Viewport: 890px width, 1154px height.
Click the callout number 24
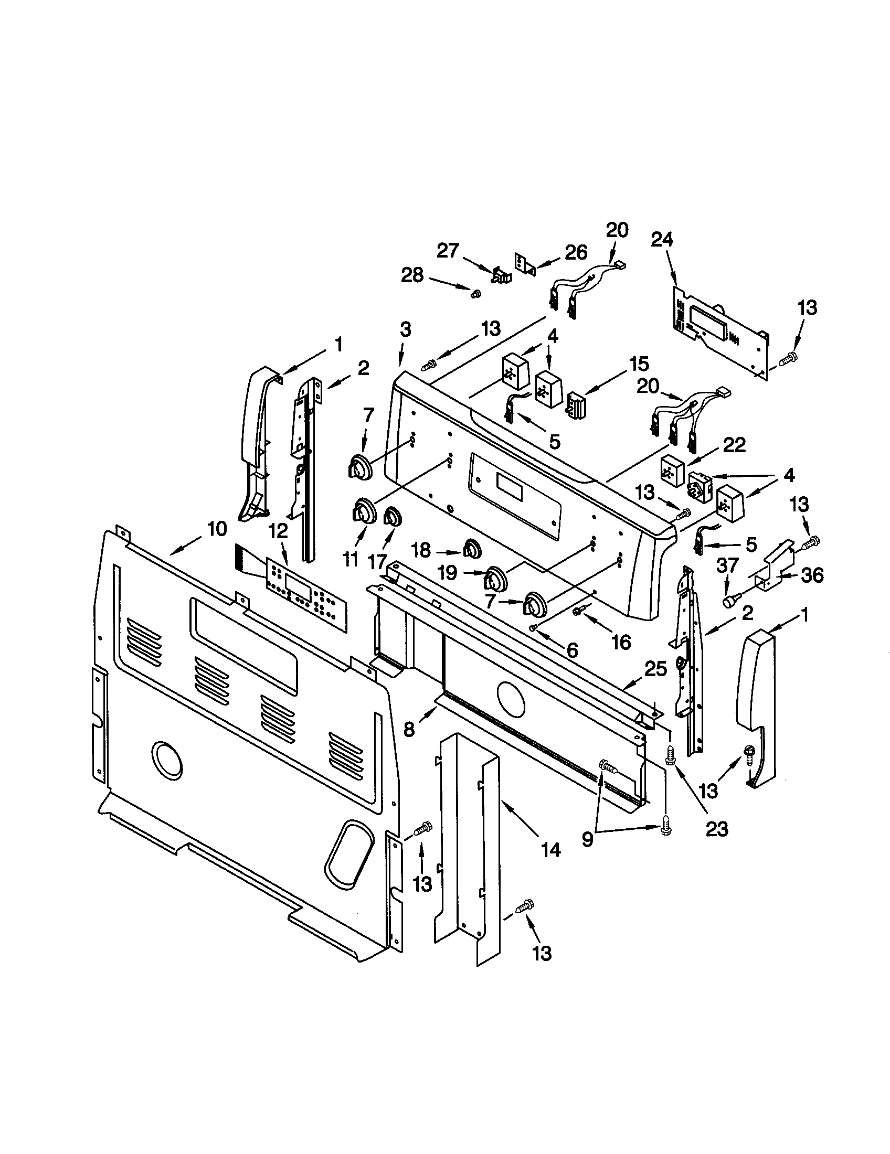coord(662,240)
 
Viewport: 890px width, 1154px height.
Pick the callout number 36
coord(812,575)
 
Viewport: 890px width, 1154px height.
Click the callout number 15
coord(639,364)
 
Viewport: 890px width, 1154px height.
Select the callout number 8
coord(410,729)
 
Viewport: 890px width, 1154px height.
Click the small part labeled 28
coord(474,292)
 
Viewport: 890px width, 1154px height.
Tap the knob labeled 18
coord(471,549)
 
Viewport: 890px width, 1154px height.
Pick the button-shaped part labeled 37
coord(730,601)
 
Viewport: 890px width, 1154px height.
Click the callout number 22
coord(734,445)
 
